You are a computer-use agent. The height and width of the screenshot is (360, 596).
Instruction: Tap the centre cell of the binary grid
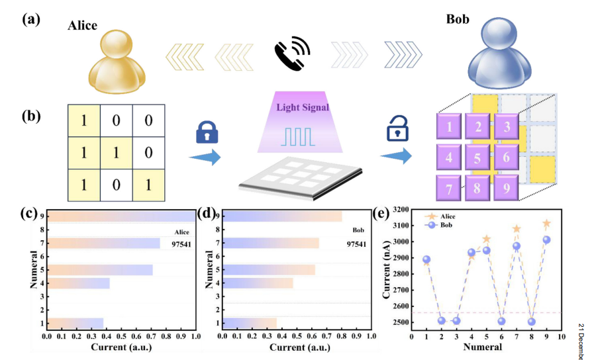(x=117, y=153)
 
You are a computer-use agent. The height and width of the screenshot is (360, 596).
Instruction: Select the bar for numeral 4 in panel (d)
(x=258, y=283)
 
